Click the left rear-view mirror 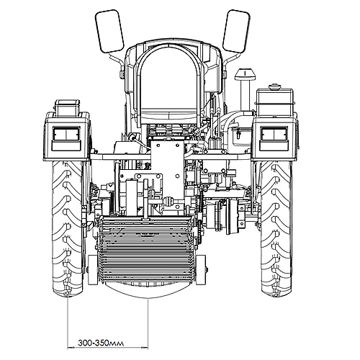109,31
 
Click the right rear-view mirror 236,31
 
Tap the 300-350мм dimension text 101,343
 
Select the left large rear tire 68,229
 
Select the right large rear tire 276,229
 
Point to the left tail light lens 66,134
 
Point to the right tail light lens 274,134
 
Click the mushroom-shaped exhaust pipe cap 245,74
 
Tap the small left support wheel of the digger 92,270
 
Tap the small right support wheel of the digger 201,270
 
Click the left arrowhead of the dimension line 70,347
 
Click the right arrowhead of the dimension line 145,347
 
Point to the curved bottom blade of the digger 147,290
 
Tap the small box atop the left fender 67,108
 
